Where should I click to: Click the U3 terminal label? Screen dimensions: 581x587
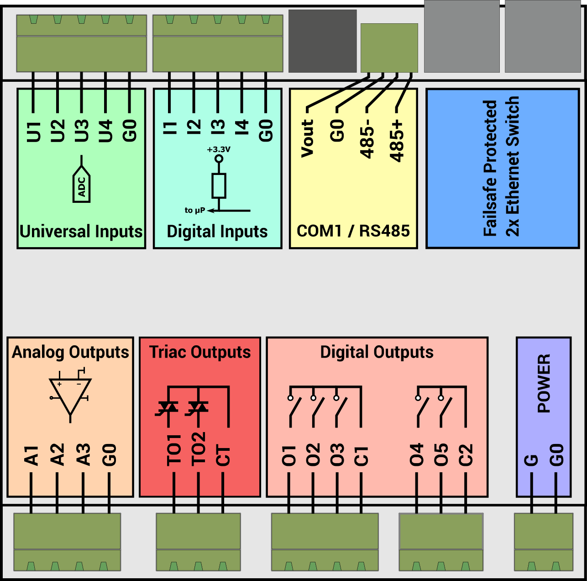[x=81, y=131]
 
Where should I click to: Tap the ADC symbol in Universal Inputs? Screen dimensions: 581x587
[x=82, y=186]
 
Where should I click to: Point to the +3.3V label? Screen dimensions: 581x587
[x=219, y=149]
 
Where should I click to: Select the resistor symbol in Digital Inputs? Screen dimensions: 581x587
[x=219, y=185]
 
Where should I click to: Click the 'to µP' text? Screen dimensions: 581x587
[x=194, y=211]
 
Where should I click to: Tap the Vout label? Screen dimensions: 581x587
[x=308, y=138]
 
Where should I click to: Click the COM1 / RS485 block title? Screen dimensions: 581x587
[x=353, y=231]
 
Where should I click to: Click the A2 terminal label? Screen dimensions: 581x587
[x=57, y=454]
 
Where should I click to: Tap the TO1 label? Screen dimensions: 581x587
[x=174, y=450]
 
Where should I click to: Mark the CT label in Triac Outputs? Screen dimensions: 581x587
[x=223, y=456]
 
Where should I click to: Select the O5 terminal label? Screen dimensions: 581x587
[x=441, y=455]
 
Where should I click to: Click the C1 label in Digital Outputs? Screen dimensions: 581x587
[x=361, y=456]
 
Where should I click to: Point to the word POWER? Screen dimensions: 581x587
[x=544, y=383]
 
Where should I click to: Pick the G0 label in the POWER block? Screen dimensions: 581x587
[x=556, y=455]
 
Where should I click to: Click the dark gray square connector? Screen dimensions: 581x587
[x=322, y=41]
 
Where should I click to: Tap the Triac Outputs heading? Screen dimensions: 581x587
[x=200, y=352]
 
